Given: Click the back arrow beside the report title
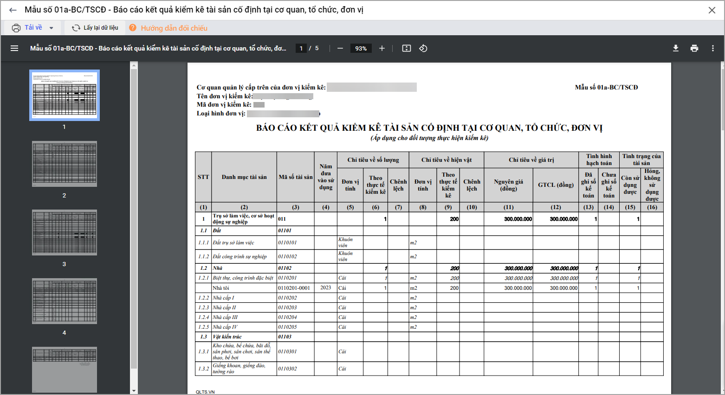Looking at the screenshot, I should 13,10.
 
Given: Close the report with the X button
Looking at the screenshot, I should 712,10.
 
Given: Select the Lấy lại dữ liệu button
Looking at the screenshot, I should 95,28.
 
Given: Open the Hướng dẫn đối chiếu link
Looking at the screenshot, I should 174,28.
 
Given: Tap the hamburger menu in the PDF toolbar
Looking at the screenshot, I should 14,48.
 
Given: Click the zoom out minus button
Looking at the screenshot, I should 340,48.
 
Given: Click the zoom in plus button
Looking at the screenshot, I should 382,48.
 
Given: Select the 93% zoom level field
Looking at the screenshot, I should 361,48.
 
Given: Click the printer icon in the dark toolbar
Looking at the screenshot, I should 694,48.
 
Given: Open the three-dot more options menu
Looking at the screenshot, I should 713,48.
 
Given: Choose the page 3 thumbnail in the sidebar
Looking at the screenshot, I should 65,232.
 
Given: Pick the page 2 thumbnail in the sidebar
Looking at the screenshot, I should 65,164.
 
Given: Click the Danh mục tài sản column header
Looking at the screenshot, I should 244,177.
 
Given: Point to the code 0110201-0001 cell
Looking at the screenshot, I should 294,288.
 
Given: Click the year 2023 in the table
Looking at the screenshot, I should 326,288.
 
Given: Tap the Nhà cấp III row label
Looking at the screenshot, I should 225,317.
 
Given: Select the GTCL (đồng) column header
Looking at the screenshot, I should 556,185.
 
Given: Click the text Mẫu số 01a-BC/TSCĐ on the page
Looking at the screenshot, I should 606,87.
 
